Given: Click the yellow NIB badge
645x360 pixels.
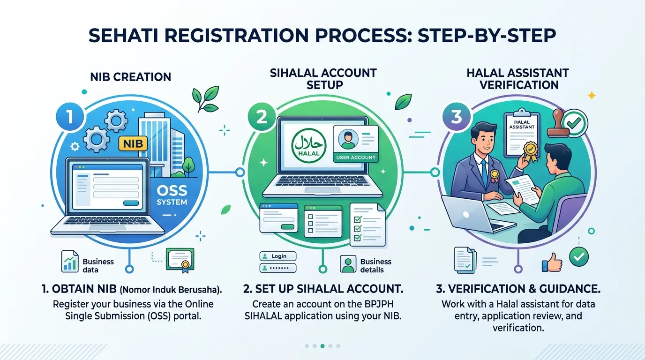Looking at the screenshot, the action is click(x=133, y=143).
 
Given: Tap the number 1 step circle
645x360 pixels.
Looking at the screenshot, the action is click(x=70, y=117).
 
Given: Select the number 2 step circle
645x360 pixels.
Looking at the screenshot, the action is click(x=262, y=117).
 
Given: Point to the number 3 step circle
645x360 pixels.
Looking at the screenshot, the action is click(x=457, y=117).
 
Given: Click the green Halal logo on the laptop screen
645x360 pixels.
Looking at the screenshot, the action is click(x=309, y=145).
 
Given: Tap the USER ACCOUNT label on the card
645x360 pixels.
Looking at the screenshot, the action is click(x=356, y=157).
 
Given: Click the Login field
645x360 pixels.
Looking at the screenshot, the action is click(x=278, y=256).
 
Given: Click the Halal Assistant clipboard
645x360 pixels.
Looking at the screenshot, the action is click(x=522, y=134).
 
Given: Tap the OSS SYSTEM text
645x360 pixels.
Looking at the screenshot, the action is click(x=172, y=195).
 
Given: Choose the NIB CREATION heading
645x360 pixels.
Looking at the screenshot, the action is click(x=131, y=77).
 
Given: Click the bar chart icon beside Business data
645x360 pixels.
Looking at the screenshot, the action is click(x=70, y=262).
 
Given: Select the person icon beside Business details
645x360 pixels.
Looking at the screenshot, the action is click(x=348, y=264).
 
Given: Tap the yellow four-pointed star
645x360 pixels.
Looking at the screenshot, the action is click(x=592, y=95).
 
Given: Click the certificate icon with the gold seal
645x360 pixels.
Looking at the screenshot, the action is click(x=180, y=260).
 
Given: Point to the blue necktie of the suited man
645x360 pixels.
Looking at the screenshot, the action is click(x=485, y=171).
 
